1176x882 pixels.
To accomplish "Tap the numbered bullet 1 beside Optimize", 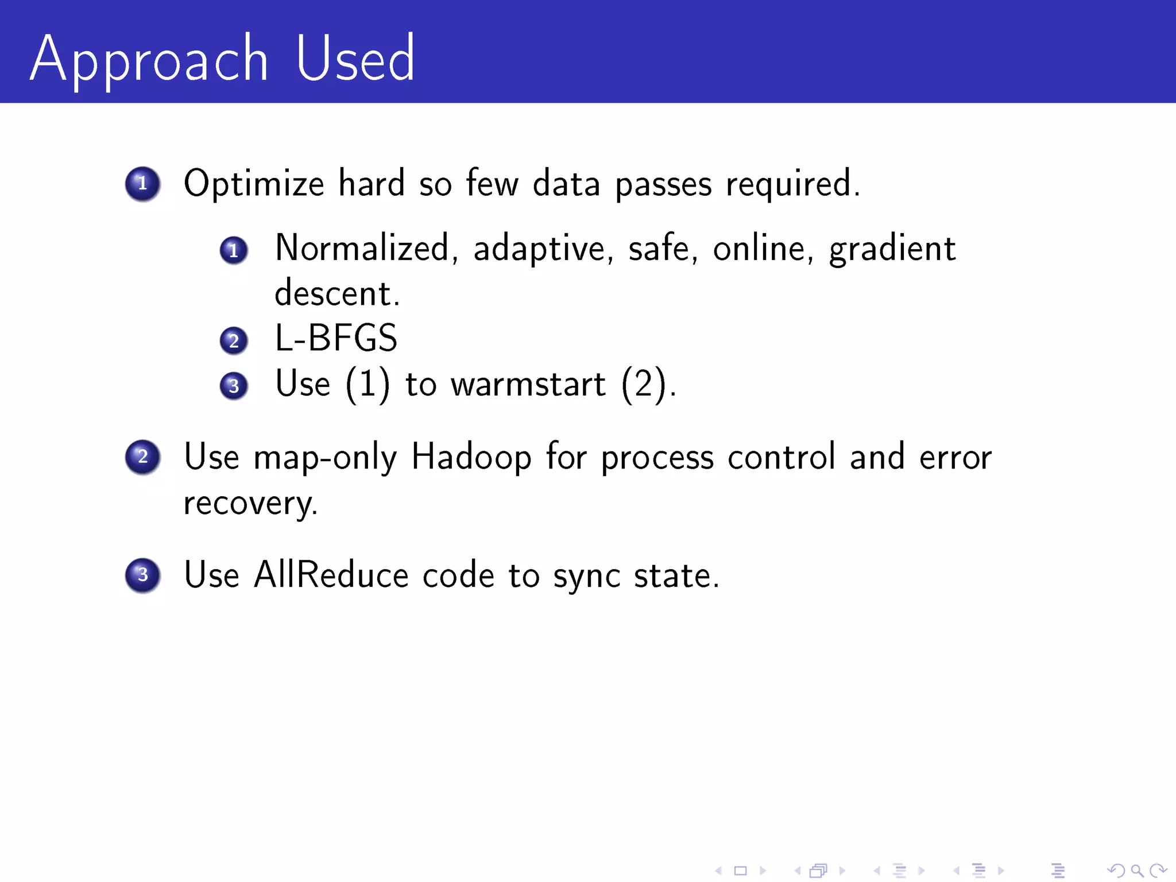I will tap(142, 184).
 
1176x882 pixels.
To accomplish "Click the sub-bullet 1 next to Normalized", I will tap(234, 250).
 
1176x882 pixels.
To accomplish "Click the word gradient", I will tap(892, 249).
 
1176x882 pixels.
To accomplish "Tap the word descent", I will tap(336, 294).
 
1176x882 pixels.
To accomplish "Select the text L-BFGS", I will tap(336, 338).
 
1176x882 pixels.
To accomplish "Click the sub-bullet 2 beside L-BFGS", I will tap(234, 341).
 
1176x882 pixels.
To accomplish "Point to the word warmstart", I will tap(528, 384).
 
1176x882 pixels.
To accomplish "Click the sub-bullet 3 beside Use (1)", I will tap(234, 385).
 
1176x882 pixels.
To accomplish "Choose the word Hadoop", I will tap(471, 458).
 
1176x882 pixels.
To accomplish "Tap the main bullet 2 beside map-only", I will tap(142, 457).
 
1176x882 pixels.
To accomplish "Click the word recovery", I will tap(250, 504).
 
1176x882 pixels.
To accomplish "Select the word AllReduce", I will tap(331, 575).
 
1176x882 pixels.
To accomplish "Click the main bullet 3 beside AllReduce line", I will tap(142, 575).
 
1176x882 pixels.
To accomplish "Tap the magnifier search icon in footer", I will tap(1137, 871).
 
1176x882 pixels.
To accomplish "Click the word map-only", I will tap(325, 458).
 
